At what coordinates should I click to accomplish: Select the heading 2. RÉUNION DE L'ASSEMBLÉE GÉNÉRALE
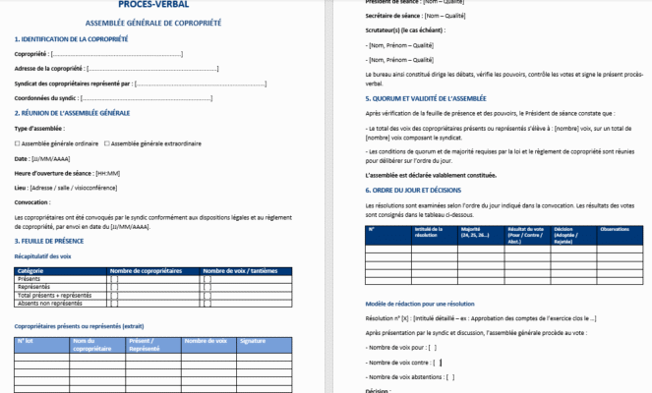tap(72, 113)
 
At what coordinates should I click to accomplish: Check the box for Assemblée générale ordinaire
tap(18, 143)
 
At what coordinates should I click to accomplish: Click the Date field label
tap(22, 158)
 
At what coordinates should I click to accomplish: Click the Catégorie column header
tap(30, 270)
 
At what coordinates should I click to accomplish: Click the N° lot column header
tap(26, 340)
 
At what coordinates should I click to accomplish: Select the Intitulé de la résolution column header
tap(401, 232)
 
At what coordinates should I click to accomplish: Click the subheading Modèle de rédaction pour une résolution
tap(419, 304)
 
